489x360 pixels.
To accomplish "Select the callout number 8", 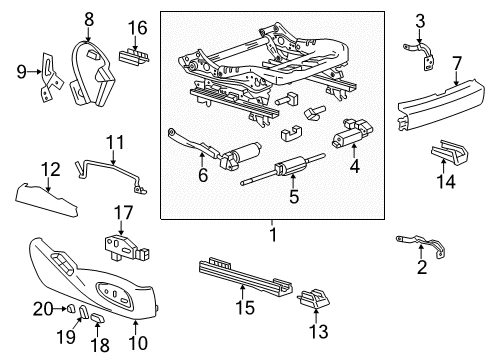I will (x=89, y=18).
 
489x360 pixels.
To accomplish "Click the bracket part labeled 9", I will (x=44, y=76).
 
